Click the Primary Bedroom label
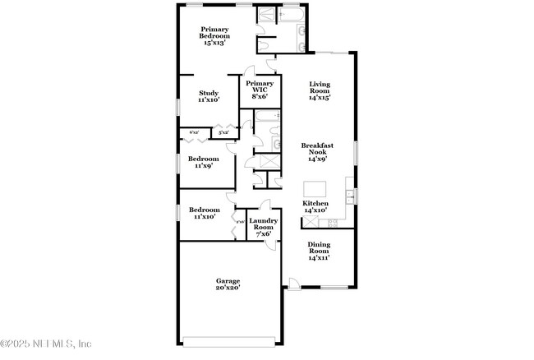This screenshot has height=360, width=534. point(215,32)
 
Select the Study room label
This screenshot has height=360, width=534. point(208,93)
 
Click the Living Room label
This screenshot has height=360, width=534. point(320,86)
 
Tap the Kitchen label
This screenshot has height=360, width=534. point(315,203)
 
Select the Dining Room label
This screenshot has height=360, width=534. point(319,247)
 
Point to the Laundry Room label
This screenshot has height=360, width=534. point(263,224)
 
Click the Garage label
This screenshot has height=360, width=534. point(228,281)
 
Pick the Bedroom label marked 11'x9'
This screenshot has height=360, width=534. point(203,159)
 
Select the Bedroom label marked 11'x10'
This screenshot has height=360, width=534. point(203,210)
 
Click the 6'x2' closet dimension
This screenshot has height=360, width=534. point(195,132)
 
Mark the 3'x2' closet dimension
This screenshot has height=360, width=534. point(223,132)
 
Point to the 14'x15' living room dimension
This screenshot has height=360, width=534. point(320,98)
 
